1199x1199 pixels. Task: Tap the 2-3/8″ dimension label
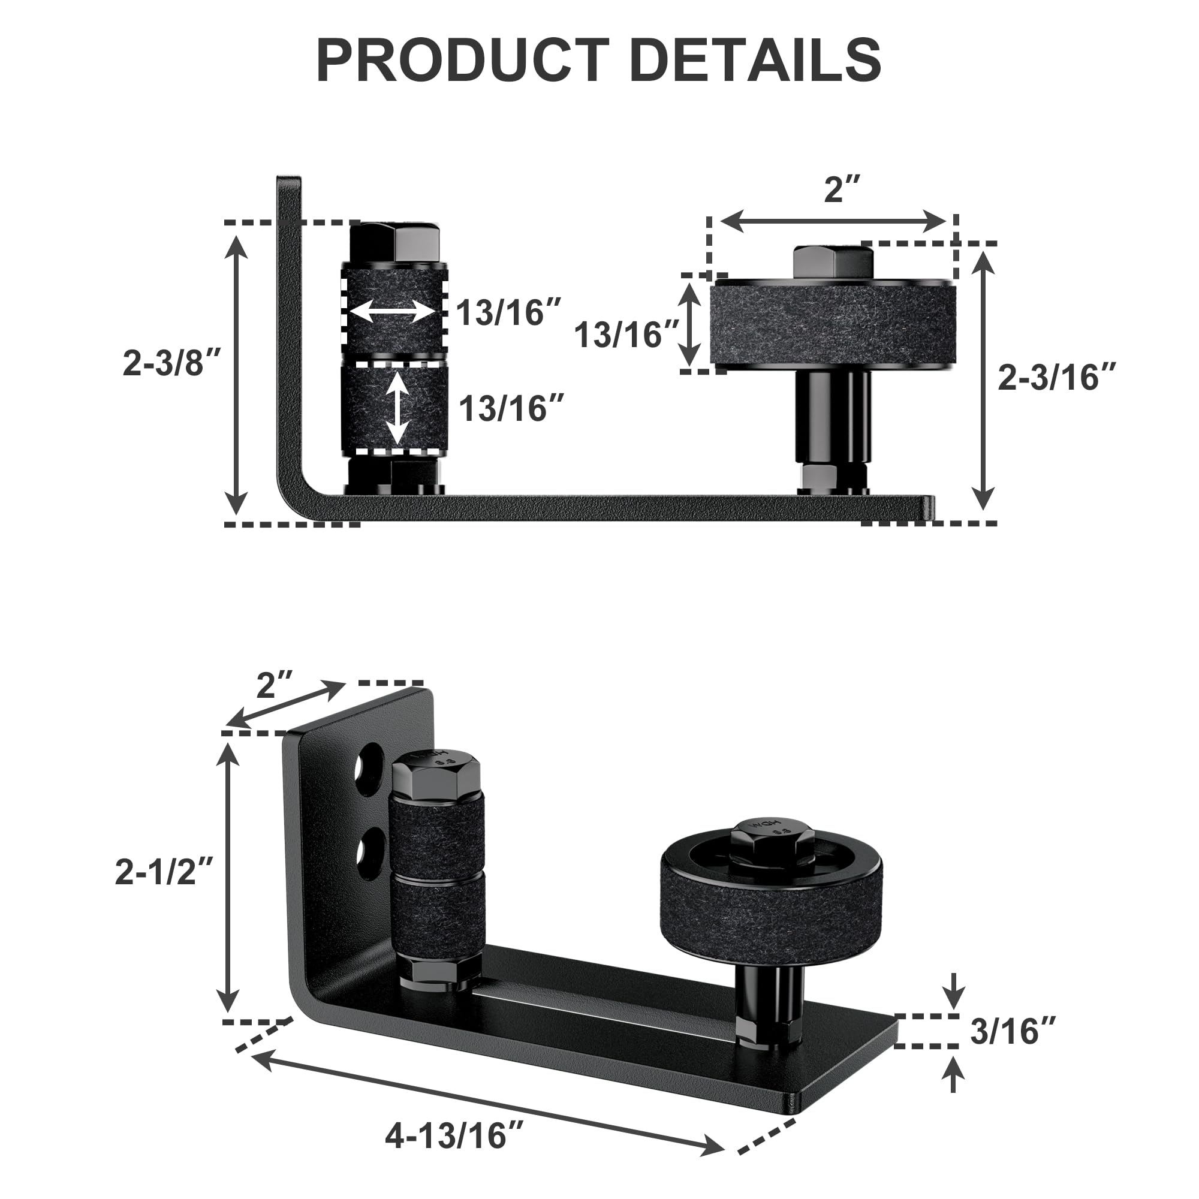(172, 363)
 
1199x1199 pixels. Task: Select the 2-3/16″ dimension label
(1057, 376)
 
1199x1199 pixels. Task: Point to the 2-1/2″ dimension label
(164, 870)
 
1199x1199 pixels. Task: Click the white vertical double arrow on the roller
(398, 408)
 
